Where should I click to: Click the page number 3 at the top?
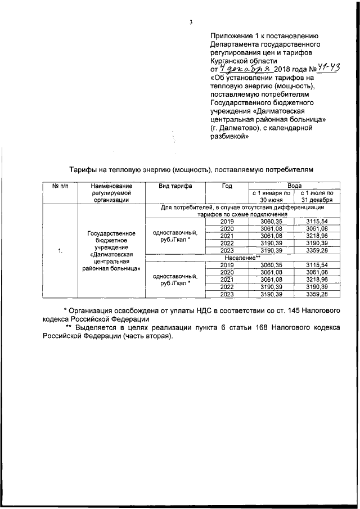(x=191, y=22)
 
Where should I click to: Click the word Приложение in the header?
(x=232, y=35)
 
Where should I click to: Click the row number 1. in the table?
(x=60, y=250)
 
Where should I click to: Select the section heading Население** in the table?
(x=242, y=257)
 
